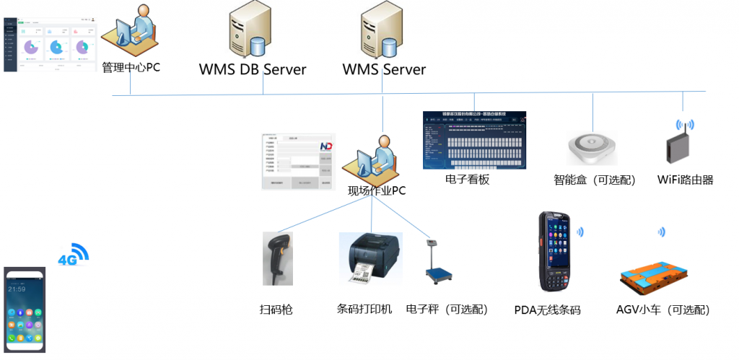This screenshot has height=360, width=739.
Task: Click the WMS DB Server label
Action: click(253, 70)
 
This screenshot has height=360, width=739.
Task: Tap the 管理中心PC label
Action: click(131, 68)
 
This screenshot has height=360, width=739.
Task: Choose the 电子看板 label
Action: click(467, 180)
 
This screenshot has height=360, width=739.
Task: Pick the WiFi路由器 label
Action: click(685, 180)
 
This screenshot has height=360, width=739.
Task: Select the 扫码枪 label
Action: click(276, 309)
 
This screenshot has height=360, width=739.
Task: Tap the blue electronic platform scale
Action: click(438, 268)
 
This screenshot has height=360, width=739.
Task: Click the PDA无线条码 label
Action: click(547, 310)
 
